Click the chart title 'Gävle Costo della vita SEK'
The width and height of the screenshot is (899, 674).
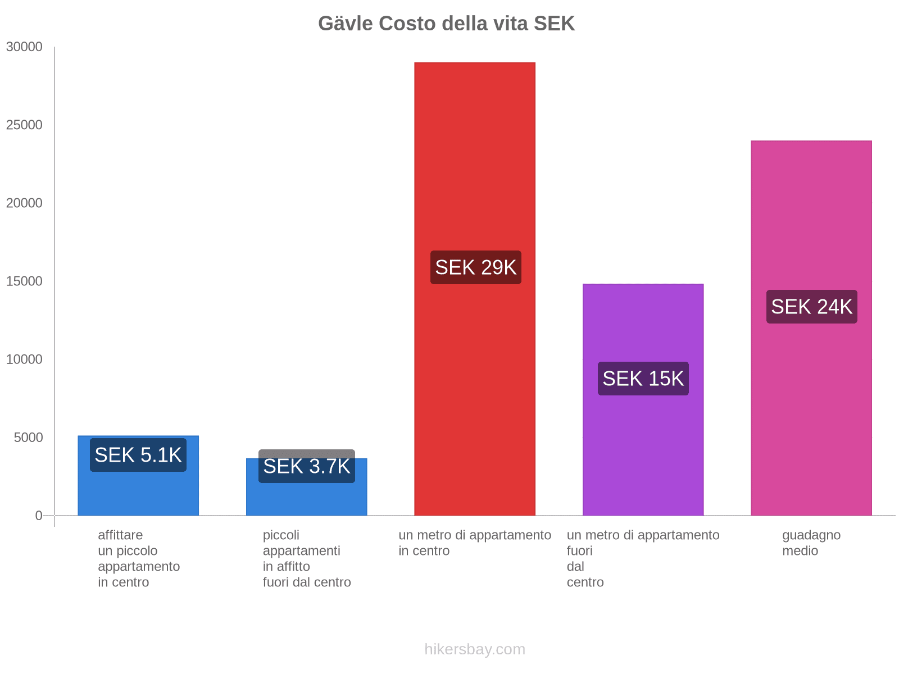(446, 24)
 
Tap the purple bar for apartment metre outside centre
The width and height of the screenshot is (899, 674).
(643, 449)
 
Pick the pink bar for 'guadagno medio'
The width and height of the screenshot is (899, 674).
(811, 421)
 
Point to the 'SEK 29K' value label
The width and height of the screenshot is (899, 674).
(475, 267)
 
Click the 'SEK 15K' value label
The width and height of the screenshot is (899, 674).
(643, 379)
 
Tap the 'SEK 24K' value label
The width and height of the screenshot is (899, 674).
(811, 307)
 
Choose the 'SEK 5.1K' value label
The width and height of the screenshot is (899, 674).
(138, 455)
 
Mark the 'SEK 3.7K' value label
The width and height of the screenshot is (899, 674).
(306, 466)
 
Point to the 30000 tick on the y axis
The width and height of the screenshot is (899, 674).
(24, 47)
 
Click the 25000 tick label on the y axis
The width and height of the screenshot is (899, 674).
(24, 125)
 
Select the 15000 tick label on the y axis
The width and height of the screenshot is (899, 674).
(24, 281)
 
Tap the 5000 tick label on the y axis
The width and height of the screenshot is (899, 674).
(28, 438)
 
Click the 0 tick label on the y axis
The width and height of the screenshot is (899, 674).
(39, 516)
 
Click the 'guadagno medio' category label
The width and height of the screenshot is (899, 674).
(811, 543)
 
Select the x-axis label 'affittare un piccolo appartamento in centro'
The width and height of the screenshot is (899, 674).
(138, 558)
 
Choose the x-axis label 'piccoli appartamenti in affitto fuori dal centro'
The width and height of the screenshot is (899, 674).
(306, 558)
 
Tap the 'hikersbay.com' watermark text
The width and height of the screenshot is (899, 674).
(475, 649)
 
